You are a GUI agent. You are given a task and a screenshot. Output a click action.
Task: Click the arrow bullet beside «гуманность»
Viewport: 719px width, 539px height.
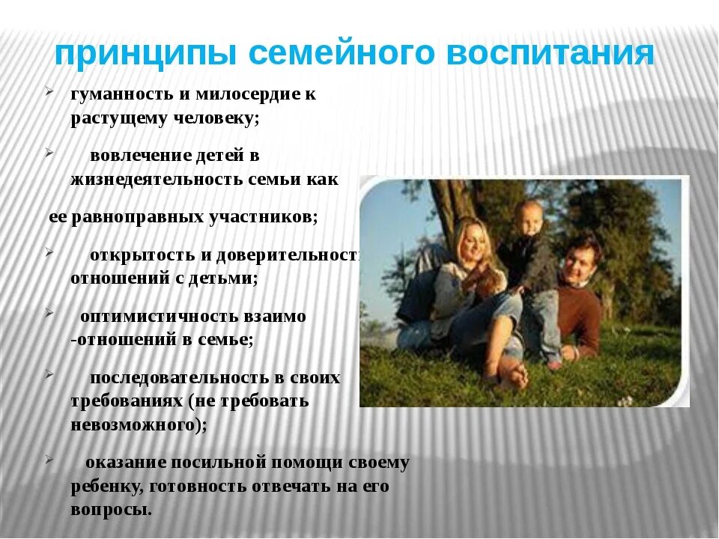[x=49, y=93]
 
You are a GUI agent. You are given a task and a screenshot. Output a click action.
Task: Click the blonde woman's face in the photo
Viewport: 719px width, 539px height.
[x=473, y=239]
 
